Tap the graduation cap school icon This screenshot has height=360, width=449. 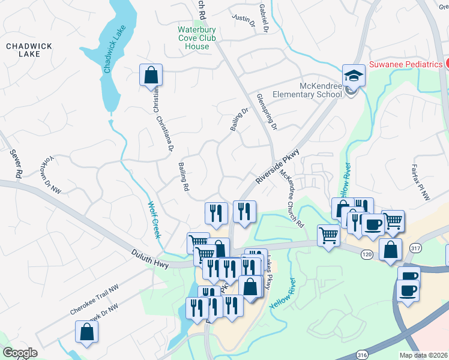[354, 76]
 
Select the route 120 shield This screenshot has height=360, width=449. [366, 255]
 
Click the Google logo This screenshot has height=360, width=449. [20, 353]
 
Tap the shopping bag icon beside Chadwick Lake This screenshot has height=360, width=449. [151, 76]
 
